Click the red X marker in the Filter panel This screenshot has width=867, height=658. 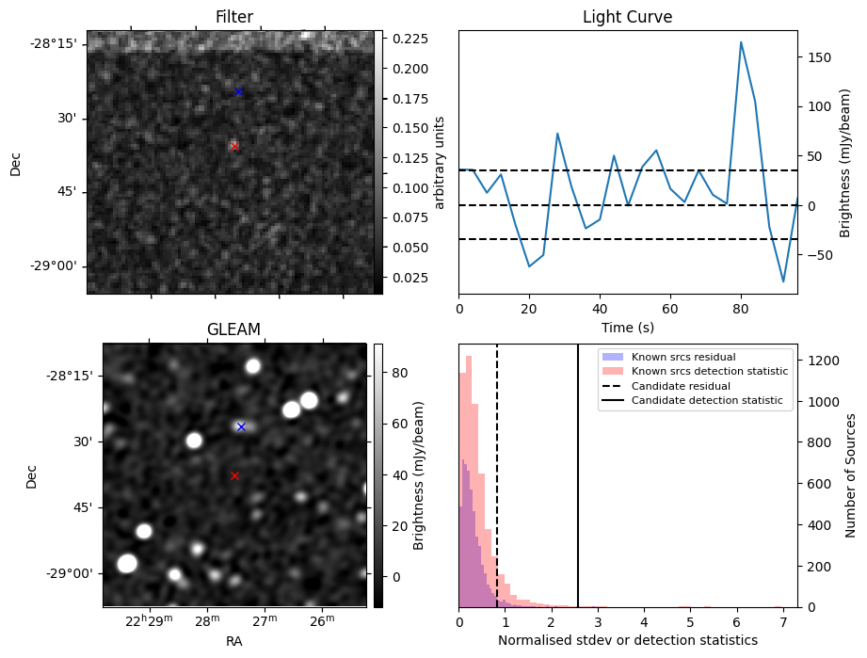coord(233,146)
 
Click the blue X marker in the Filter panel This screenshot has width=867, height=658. coord(238,91)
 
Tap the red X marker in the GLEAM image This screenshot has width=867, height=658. coord(234,476)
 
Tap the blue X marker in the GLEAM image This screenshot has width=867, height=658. coord(241,426)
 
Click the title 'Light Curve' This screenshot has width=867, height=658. coord(627,17)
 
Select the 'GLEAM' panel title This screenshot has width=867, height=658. coord(233,329)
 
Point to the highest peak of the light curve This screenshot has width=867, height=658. coord(741,42)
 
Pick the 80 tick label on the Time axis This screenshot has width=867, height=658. coord(741,309)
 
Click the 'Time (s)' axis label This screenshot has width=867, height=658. coord(627,327)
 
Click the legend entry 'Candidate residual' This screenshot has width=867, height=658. coord(677,386)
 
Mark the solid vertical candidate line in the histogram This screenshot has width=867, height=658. coord(578,489)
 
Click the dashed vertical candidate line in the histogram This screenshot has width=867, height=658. coord(497,489)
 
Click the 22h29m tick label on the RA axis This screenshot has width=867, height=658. coord(148,620)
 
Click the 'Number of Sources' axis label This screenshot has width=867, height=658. coord(849,475)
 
